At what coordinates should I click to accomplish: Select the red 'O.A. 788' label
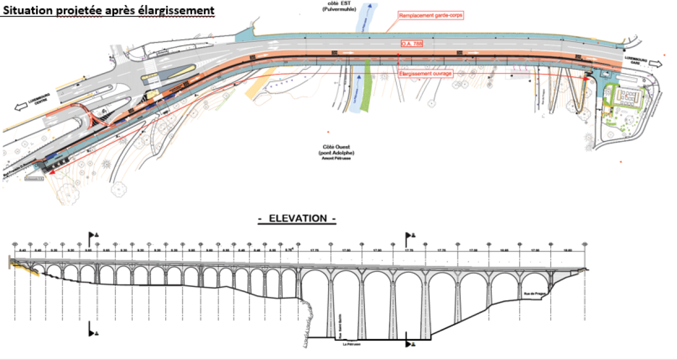point(410,43)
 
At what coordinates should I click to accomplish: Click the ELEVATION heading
point(297,218)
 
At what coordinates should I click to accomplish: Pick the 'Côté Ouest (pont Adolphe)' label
point(336,150)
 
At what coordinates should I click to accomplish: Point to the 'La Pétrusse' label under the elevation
point(352,344)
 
